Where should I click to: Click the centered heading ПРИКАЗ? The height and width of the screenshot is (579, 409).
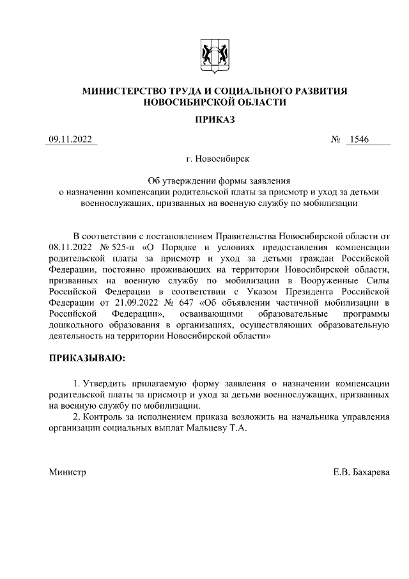(214, 119)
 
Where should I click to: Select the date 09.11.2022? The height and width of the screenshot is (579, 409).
(70, 140)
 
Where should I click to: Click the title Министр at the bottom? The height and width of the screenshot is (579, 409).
(67, 472)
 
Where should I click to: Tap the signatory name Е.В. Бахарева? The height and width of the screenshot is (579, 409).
(361, 472)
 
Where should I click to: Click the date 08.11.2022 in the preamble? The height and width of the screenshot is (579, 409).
(70, 246)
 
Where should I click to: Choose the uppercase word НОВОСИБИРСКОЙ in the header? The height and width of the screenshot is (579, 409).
(182, 102)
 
